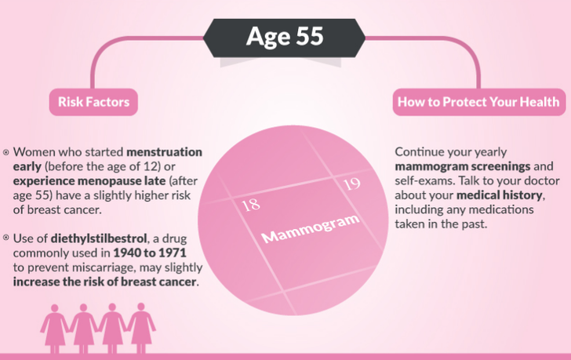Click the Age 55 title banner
click(285, 38)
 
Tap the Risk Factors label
click(93, 102)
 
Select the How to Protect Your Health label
click(478, 102)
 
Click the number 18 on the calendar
click(251, 205)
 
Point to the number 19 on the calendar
click(351, 184)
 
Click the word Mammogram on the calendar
click(311, 228)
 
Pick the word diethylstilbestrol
click(99, 238)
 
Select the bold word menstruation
click(164, 152)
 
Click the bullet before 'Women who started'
click(5, 152)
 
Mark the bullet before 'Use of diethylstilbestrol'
click(5, 238)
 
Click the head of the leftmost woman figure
click(55, 308)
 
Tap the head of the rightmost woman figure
click(141, 307)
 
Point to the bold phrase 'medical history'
click(500, 195)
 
